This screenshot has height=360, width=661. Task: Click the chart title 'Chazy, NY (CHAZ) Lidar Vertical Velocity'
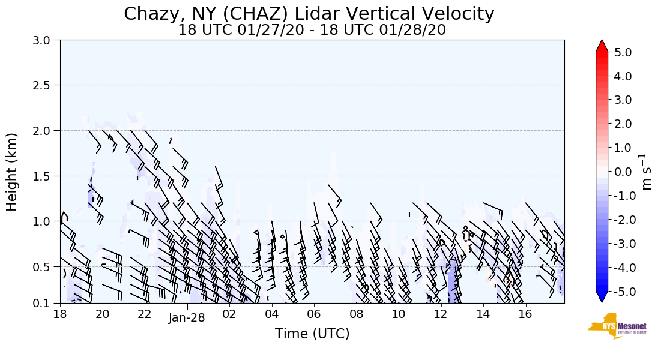[309, 14]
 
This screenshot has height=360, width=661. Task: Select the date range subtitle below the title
[312, 30]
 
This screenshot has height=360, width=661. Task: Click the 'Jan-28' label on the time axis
[187, 318]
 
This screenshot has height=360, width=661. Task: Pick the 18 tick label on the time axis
[60, 314]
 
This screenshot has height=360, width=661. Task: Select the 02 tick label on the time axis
[229, 314]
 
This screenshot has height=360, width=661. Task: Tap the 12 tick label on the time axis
[441, 314]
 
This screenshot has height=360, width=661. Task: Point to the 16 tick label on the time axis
[525, 314]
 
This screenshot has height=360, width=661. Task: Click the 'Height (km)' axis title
[13, 172]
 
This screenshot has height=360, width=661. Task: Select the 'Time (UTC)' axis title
[312, 334]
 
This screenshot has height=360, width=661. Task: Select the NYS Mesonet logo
[617, 326]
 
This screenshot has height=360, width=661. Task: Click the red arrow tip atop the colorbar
[602, 44]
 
